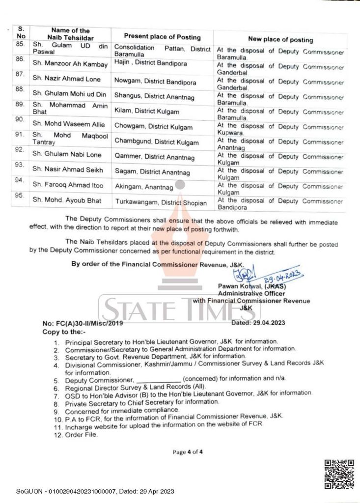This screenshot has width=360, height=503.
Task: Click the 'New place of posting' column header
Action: [x=280, y=40]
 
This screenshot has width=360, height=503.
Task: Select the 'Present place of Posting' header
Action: [x=162, y=37]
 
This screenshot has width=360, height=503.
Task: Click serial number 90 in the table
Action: [x=20, y=120]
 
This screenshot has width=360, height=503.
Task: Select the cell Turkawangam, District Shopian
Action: [x=161, y=202]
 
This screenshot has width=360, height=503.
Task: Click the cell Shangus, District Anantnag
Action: [x=154, y=97]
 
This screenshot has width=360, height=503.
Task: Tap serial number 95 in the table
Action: [x=20, y=195]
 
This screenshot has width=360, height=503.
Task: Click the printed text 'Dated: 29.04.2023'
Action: [x=257, y=323]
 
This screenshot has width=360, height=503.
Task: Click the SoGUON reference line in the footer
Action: [x=95, y=492]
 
